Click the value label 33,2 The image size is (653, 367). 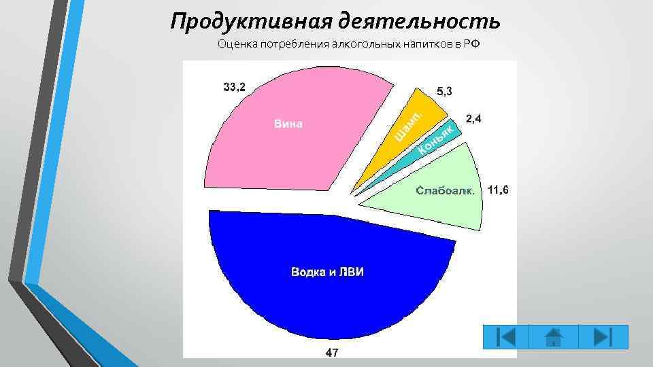pyautogui.click(x=235, y=86)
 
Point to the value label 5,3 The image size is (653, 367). pyautogui.click(x=443, y=91)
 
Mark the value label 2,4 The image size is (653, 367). pyautogui.click(x=473, y=119)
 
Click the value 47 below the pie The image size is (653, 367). pyautogui.click(x=332, y=352)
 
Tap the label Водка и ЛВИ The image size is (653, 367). pyautogui.click(x=328, y=272)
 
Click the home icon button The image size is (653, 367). pyautogui.click(x=554, y=337)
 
